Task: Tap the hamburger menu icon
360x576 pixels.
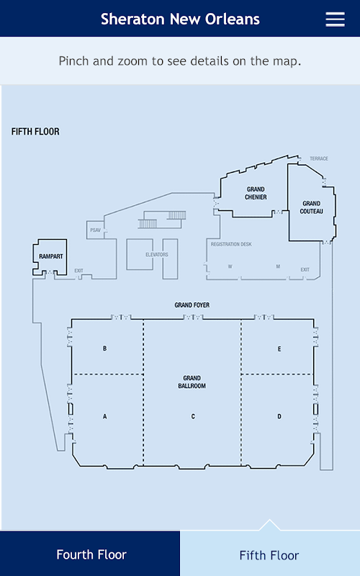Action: (x=335, y=19)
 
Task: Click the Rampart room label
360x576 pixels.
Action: (x=51, y=256)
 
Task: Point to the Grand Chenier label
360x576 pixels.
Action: (x=256, y=193)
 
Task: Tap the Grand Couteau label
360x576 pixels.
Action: (x=312, y=207)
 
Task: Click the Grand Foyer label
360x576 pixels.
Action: (x=192, y=305)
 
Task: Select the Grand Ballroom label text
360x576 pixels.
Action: (x=192, y=382)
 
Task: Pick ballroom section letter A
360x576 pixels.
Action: (x=104, y=416)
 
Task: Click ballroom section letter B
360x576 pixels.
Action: (x=104, y=348)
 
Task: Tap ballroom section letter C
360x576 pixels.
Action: (x=193, y=416)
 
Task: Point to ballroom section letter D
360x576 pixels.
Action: (x=279, y=416)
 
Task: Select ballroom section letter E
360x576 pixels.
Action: (x=279, y=348)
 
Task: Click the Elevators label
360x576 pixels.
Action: (x=157, y=255)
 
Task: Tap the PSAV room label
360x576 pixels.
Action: (x=95, y=230)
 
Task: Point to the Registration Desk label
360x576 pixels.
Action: (x=231, y=244)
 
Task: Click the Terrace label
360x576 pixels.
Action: (x=319, y=158)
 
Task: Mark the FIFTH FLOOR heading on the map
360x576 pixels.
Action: (x=35, y=132)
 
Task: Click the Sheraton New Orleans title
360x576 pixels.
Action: (x=180, y=19)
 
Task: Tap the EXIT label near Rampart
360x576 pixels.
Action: (x=79, y=271)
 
